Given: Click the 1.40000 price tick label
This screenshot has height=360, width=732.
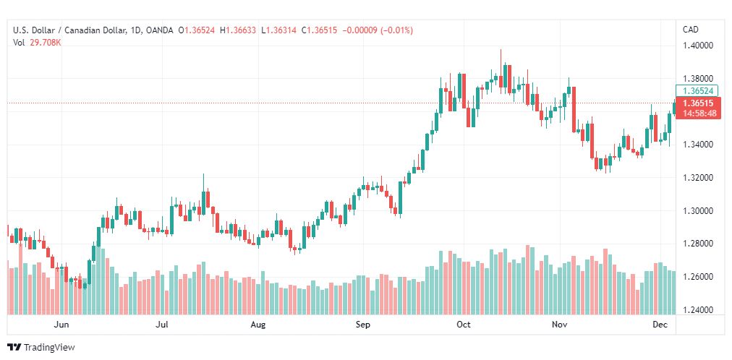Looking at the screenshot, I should tap(698, 46).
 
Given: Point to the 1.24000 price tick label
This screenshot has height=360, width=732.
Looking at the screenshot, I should tap(698, 310).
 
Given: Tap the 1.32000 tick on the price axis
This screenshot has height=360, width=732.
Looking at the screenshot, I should tap(698, 178).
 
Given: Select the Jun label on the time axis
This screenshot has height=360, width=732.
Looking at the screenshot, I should tap(62, 325).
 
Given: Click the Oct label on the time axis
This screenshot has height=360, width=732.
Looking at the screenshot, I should tap(463, 325).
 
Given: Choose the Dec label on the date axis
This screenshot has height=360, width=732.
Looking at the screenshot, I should tap(659, 325).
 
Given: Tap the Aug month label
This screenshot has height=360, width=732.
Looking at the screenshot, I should tap(258, 325).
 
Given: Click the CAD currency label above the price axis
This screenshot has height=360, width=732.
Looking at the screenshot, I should tap(690, 30).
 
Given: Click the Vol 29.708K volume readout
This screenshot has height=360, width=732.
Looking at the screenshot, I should tap(37, 43).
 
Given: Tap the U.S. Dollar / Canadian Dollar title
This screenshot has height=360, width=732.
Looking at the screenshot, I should tap(69, 30).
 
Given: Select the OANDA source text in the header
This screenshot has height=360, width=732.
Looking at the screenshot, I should tap(159, 30).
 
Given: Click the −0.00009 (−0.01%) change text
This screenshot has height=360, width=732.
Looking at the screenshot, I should tap(387, 30).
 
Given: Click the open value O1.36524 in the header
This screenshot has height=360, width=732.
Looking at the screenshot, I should tap(200, 30).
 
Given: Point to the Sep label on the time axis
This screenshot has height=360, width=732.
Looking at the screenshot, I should tap(363, 325).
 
